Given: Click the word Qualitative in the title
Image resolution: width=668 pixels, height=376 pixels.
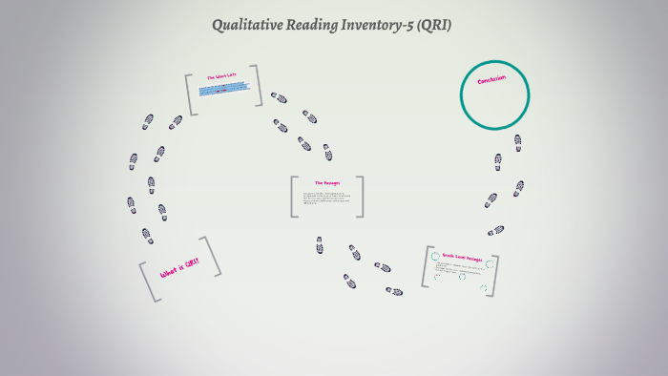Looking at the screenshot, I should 251,25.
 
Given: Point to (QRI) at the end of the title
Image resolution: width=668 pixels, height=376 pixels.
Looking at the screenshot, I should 435,25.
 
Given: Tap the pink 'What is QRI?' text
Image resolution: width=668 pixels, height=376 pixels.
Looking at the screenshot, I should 179,270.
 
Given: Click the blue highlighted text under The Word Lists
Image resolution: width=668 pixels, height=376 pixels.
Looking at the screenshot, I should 224,90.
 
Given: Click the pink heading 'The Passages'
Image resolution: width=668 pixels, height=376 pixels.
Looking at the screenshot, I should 326,182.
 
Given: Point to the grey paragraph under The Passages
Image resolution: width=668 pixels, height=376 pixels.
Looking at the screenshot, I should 326,199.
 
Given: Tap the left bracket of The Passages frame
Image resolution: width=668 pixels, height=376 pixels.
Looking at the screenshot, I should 295,197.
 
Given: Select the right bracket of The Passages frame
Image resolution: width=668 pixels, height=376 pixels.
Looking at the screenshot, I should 360,197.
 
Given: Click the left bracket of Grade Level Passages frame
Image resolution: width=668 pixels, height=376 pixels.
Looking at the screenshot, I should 427,266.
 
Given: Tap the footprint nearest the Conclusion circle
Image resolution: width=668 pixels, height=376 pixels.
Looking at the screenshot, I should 517,142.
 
